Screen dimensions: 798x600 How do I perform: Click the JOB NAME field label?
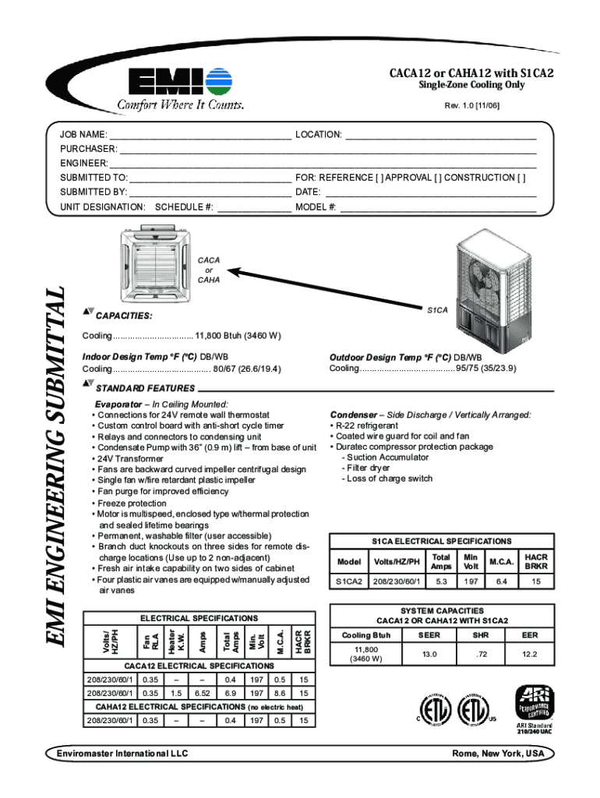84,135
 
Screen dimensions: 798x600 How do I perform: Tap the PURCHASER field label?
89,149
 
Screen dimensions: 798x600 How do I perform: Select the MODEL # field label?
316,207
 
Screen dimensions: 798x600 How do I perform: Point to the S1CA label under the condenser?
437,310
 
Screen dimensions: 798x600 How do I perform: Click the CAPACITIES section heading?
123,317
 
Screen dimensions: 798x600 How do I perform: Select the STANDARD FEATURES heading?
144,388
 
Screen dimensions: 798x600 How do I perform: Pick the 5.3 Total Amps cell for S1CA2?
441,581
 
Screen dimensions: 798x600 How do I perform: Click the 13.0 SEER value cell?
429,655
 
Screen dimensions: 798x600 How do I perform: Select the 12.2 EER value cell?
529,655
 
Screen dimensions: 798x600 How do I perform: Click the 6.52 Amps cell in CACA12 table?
203,693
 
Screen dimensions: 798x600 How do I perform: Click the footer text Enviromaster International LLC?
122,754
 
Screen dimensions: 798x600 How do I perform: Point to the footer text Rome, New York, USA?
499,754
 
